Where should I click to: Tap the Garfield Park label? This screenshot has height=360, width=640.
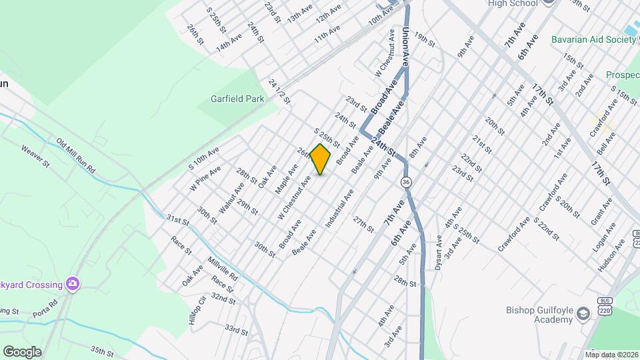231,99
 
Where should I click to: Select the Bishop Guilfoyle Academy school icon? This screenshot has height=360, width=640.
583,313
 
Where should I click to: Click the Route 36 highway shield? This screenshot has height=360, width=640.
405,182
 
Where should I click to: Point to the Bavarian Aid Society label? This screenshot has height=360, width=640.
593,39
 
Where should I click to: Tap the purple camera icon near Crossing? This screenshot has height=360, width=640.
73,285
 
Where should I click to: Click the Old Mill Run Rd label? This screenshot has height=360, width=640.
76,154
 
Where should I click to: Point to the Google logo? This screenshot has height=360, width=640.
22,351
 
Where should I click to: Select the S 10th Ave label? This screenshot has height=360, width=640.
203,157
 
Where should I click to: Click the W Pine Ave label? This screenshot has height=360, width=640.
205,179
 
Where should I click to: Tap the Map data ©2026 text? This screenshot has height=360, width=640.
611,354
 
